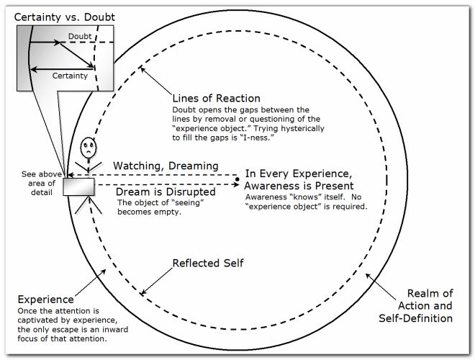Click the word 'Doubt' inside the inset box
tap(79, 35)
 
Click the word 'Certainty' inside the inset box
tap(71, 75)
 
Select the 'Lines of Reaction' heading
tap(216, 98)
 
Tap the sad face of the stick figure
tap(86, 149)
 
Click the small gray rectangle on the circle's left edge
tap(78, 186)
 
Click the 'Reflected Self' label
tap(208, 263)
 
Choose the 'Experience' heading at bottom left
tap(46, 299)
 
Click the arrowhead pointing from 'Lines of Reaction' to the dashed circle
tap(142, 69)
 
